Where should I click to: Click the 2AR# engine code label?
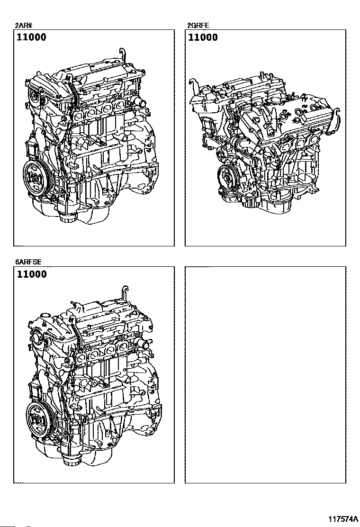(23, 26)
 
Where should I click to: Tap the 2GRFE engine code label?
(198, 26)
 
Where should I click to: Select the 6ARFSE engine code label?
(28, 262)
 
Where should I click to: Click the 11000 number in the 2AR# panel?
(32, 37)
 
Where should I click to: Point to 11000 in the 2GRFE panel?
(203, 37)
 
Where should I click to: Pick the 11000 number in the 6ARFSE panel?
(32, 274)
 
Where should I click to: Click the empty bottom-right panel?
(265, 375)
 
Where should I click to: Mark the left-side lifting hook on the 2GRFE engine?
(194, 86)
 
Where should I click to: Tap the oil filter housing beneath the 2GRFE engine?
(250, 202)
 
